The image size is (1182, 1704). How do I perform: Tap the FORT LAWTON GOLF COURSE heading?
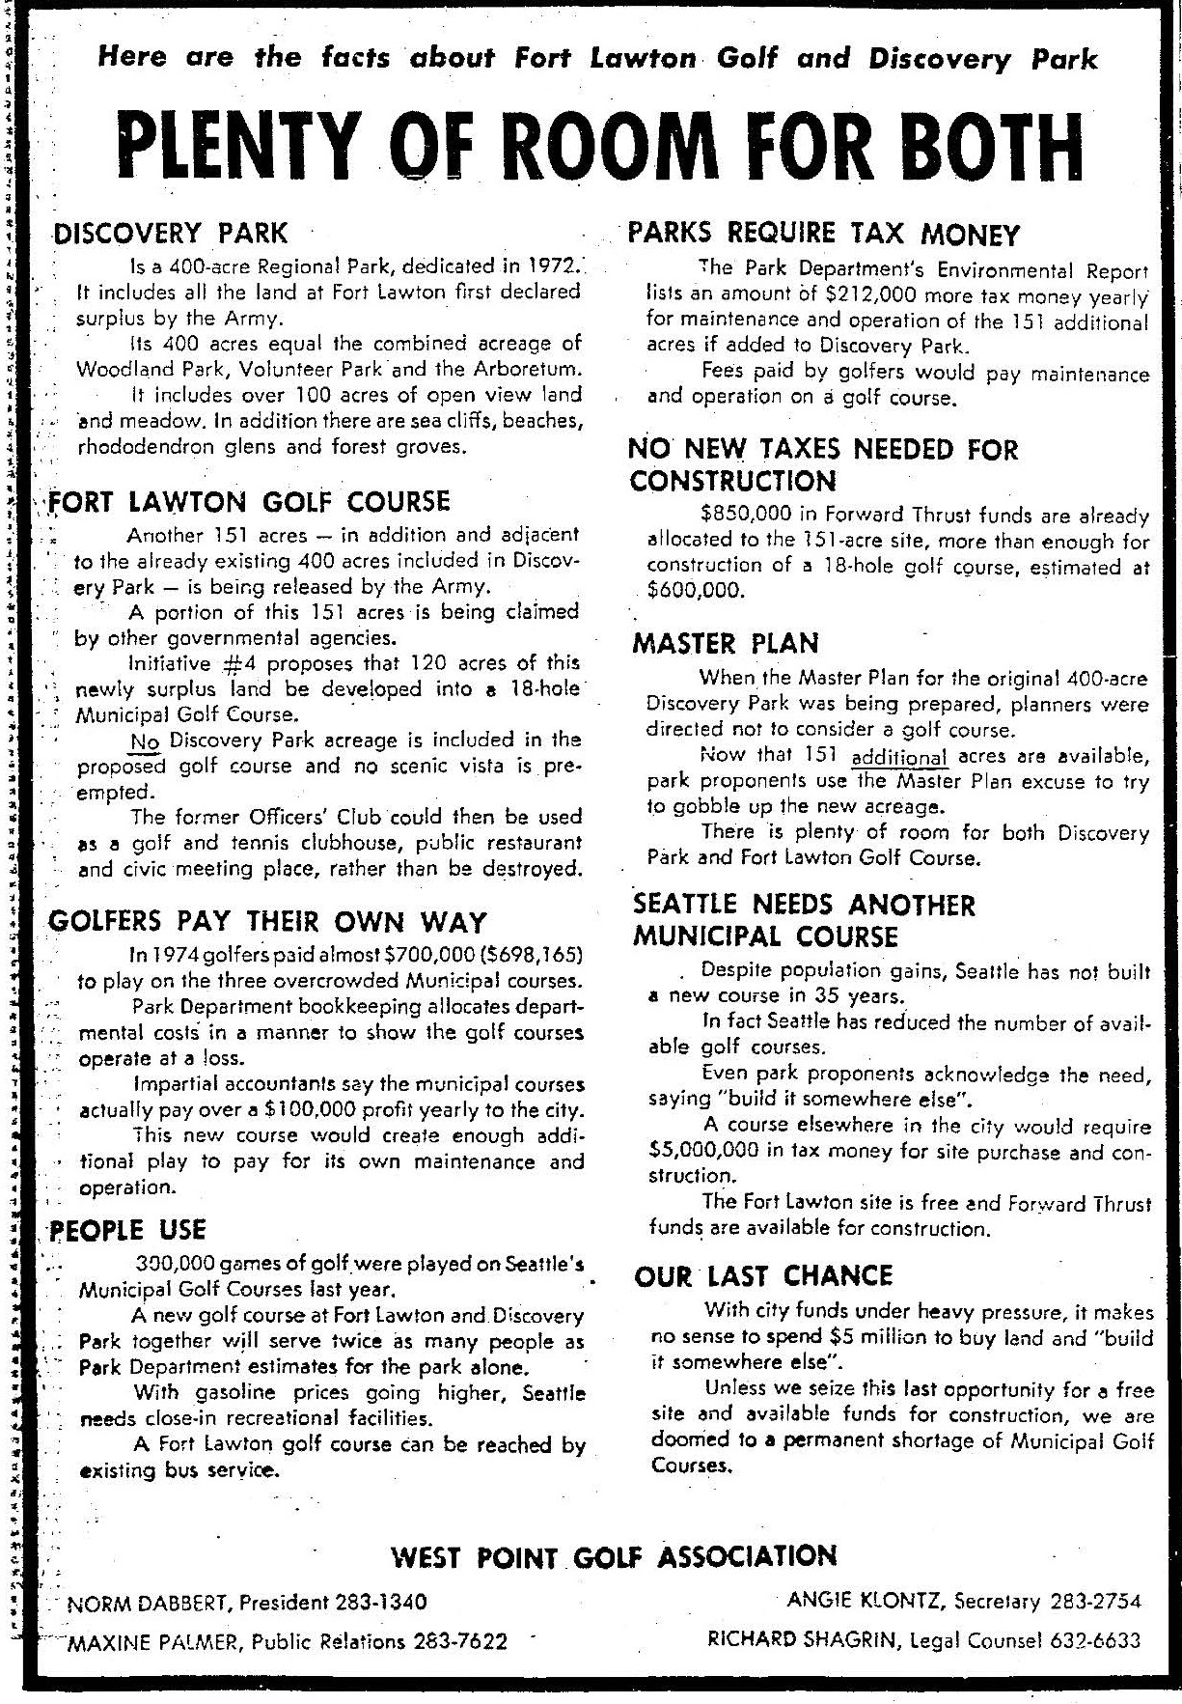coord(250,502)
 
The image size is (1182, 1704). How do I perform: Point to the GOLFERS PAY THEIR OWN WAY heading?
coord(267,922)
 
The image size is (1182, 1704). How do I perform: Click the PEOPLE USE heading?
coord(128,1230)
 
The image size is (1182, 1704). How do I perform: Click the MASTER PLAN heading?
coord(725,644)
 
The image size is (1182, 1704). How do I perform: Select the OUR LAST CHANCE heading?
coord(763,1276)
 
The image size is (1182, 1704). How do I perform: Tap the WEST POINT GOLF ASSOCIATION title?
coord(614,1556)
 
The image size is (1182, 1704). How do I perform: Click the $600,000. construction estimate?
coord(696,591)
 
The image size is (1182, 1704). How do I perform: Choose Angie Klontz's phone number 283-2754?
coord(1094,1601)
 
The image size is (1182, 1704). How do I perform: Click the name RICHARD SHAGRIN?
coord(805,1639)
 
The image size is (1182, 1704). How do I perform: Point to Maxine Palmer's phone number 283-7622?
coord(460,1641)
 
